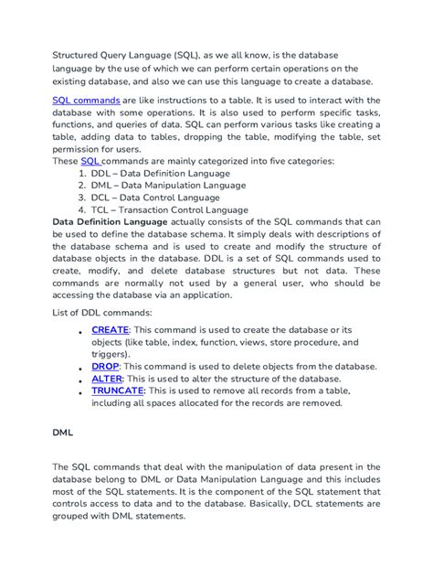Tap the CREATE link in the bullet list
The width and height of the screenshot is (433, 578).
[x=111, y=329]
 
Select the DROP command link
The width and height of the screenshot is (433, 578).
[x=105, y=366]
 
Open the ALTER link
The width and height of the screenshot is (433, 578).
[x=107, y=378]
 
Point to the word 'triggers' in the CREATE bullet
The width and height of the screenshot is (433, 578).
[x=109, y=354]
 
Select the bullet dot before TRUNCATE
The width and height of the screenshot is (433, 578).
[x=82, y=391]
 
